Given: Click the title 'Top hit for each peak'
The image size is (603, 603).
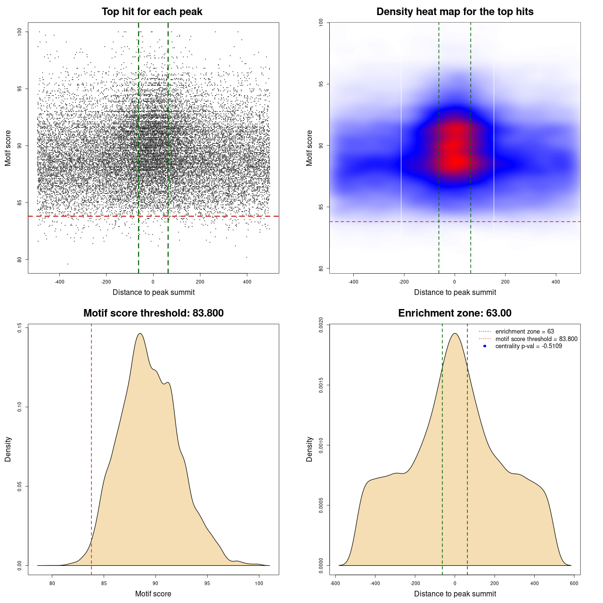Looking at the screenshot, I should [152, 12].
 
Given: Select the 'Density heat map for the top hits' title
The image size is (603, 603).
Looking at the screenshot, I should [455, 12].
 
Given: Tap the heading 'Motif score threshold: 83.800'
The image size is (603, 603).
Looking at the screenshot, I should [153, 313].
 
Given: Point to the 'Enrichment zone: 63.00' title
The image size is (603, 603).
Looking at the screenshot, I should [455, 313].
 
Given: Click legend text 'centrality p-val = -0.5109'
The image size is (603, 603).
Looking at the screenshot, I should [528, 346].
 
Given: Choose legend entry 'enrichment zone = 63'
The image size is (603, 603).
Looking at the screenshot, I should [524, 332].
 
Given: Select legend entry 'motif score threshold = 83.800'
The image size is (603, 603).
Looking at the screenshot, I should [536, 339].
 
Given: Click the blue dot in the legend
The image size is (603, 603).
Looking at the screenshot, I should [485, 346].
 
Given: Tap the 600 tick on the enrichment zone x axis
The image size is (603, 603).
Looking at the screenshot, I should [574, 583].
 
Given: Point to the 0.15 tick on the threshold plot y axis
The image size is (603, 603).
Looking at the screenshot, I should [20, 327].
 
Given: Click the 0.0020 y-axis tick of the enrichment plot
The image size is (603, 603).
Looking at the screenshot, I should [321, 325].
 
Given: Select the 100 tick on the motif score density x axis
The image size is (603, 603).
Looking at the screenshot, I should [259, 583].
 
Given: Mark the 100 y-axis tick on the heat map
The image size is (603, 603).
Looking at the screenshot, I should [321, 22].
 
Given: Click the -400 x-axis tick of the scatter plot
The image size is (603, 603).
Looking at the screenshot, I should [59, 282].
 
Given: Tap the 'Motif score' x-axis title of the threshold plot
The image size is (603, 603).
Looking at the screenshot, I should [153, 594].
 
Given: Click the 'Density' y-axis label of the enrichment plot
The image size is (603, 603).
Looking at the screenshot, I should [310, 449].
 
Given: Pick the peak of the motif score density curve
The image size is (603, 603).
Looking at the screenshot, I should [140, 334].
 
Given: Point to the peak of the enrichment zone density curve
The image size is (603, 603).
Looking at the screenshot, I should [455, 334].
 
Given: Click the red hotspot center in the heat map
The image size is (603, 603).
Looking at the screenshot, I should [455, 160].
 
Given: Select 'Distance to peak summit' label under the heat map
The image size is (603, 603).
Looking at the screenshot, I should [455, 292].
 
